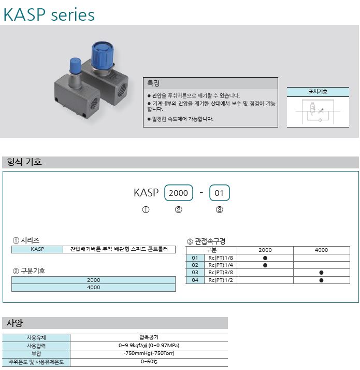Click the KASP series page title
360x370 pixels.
(49, 15)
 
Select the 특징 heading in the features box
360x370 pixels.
(153, 83)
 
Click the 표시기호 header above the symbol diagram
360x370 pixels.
(318, 92)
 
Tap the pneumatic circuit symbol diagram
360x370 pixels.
(318, 112)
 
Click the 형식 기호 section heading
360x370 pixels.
(24, 162)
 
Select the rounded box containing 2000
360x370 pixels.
(179, 193)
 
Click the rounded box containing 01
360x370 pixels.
(220, 193)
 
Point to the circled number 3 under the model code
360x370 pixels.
(220, 209)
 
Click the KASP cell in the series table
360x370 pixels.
(37, 249)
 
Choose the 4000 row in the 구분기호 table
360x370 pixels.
(94, 288)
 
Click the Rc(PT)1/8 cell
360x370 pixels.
(221, 258)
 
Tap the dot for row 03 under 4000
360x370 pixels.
(321, 273)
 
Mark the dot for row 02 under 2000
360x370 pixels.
(265, 265)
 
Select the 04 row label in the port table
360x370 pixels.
(195, 280)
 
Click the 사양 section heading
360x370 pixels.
(15, 323)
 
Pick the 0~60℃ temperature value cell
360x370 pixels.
(149, 362)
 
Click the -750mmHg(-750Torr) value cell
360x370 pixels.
(149, 353)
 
